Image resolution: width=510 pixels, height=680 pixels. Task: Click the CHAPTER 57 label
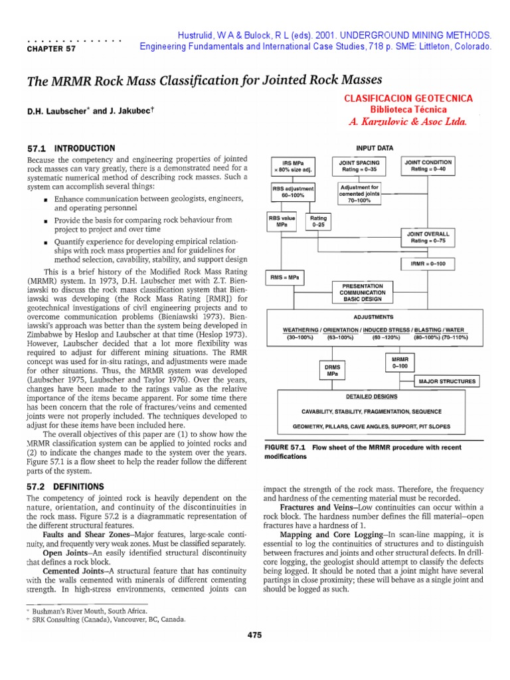45,48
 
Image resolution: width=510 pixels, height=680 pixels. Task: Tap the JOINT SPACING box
359,165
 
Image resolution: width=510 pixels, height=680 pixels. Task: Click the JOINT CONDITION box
428,165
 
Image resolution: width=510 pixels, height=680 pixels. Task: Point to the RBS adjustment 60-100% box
290,193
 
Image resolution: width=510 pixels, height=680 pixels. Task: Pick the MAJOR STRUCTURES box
447,381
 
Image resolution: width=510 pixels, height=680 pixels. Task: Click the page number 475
254,635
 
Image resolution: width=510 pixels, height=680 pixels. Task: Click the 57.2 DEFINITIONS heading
65,486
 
